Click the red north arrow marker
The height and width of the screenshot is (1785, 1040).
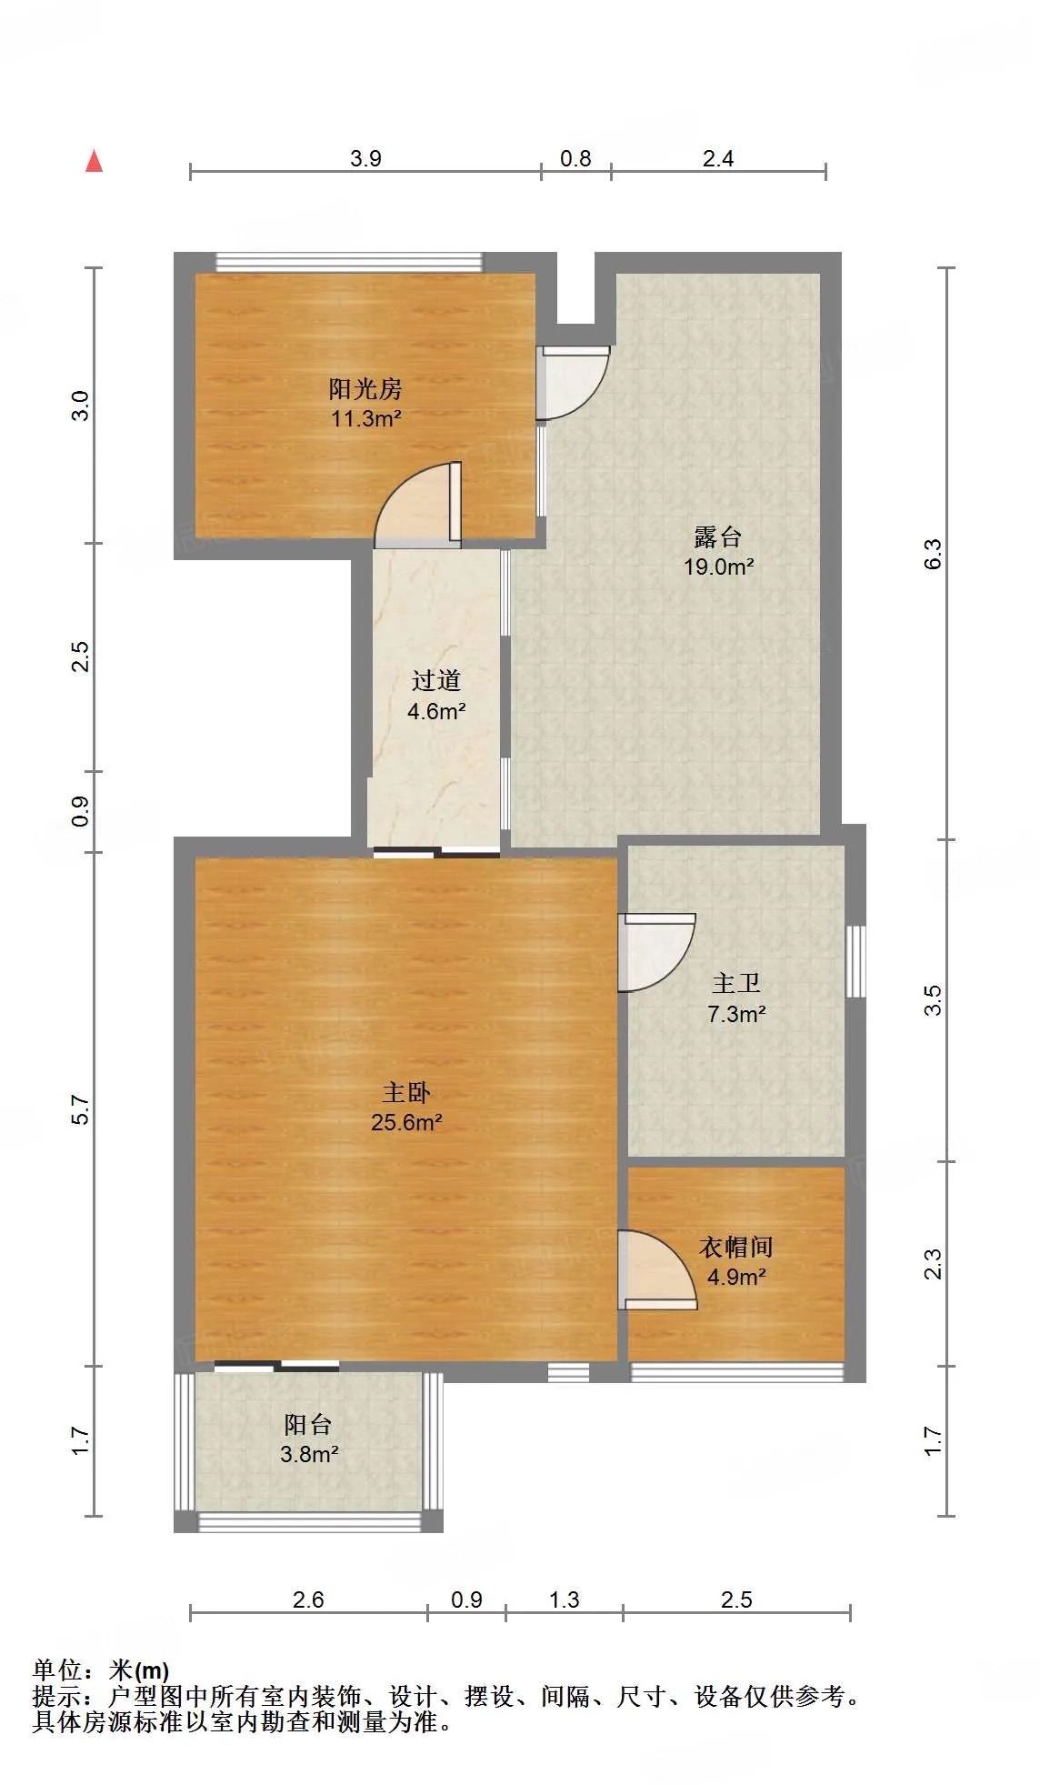(x=94, y=161)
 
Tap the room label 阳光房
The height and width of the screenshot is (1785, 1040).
(x=365, y=389)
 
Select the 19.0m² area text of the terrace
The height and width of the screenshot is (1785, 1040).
(x=718, y=567)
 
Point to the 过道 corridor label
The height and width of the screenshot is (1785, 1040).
(x=436, y=680)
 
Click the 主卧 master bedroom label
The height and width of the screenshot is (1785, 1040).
(x=406, y=1092)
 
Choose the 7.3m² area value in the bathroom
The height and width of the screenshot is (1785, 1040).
(x=736, y=1014)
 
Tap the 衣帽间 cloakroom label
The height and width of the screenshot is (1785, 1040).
(x=735, y=1247)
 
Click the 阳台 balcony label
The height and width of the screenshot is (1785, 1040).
(x=308, y=1424)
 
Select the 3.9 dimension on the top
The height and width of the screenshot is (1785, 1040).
(x=365, y=158)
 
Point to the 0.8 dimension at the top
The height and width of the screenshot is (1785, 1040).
(x=575, y=158)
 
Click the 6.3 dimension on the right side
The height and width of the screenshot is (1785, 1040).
(x=934, y=554)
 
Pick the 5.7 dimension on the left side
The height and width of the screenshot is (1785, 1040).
(x=81, y=1109)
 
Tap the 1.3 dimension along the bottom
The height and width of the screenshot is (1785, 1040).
(x=564, y=1599)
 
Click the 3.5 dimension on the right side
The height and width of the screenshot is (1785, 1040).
(x=934, y=1000)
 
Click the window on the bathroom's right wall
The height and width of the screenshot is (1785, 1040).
(x=855, y=961)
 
